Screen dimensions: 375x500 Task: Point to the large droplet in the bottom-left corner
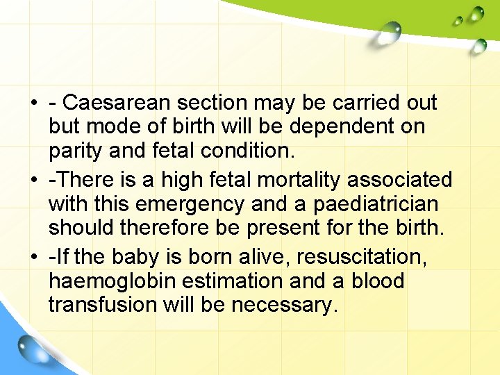pos(30,348)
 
